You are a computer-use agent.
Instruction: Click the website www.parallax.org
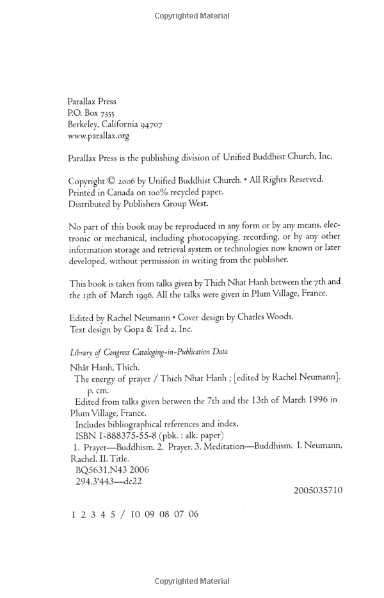point(99,136)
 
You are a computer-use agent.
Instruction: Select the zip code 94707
point(150,124)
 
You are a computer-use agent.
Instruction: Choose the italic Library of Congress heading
point(148,352)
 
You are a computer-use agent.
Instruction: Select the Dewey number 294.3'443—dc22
point(109,481)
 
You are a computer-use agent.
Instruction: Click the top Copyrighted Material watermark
point(192,16)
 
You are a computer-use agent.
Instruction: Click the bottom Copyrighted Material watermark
point(192,581)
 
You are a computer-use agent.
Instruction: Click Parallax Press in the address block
point(92,101)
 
